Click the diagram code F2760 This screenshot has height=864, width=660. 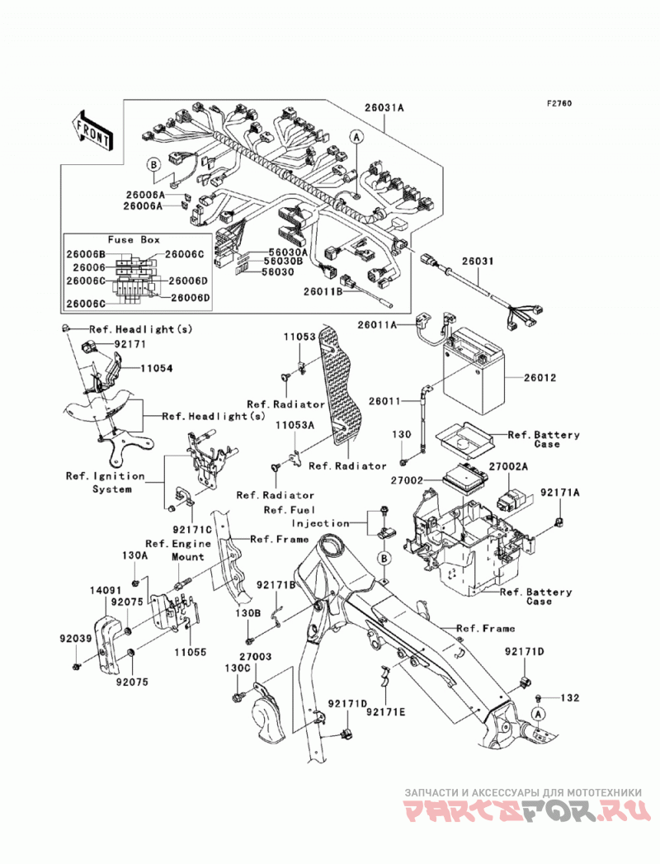(559, 103)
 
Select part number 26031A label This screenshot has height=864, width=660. (384, 108)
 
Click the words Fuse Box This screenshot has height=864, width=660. (134, 239)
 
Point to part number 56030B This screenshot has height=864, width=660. (284, 262)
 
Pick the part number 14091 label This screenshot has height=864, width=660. (106, 590)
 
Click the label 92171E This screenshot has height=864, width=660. (385, 712)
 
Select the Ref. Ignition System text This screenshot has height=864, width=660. (106, 482)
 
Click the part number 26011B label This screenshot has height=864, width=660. (323, 291)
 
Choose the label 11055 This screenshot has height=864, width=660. (190, 652)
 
